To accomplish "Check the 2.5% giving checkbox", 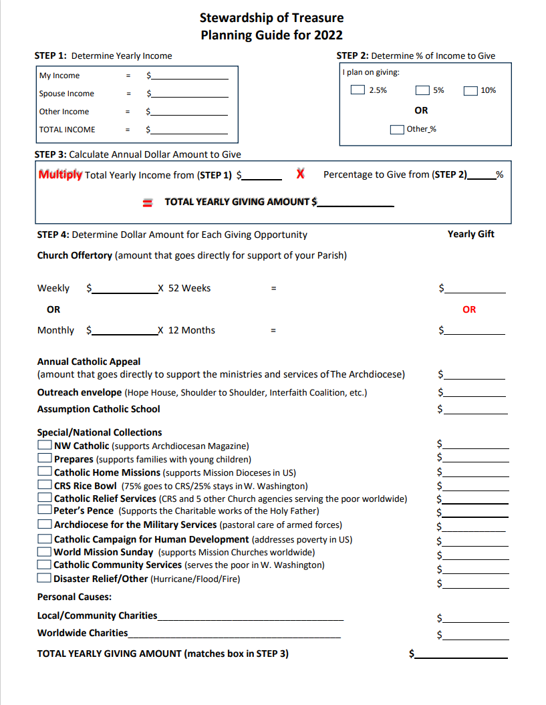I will coord(358,90).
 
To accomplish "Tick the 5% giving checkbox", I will coord(422,90).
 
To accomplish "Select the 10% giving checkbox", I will coord(470,90).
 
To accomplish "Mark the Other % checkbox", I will coord(397,129).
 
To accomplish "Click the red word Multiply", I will coord(60,174).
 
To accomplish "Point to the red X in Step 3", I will coord(301,174).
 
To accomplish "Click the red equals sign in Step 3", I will coord(149,202).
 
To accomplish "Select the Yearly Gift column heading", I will coord(470,234).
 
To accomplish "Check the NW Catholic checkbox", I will coord(45,445).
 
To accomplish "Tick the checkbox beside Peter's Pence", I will coord(45,511).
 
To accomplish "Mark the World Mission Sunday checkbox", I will coord(45,552).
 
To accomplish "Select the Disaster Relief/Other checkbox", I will coord(45,578).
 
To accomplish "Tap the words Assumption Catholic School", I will coord(98,409).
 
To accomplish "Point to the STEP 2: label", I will coord(352,55).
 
